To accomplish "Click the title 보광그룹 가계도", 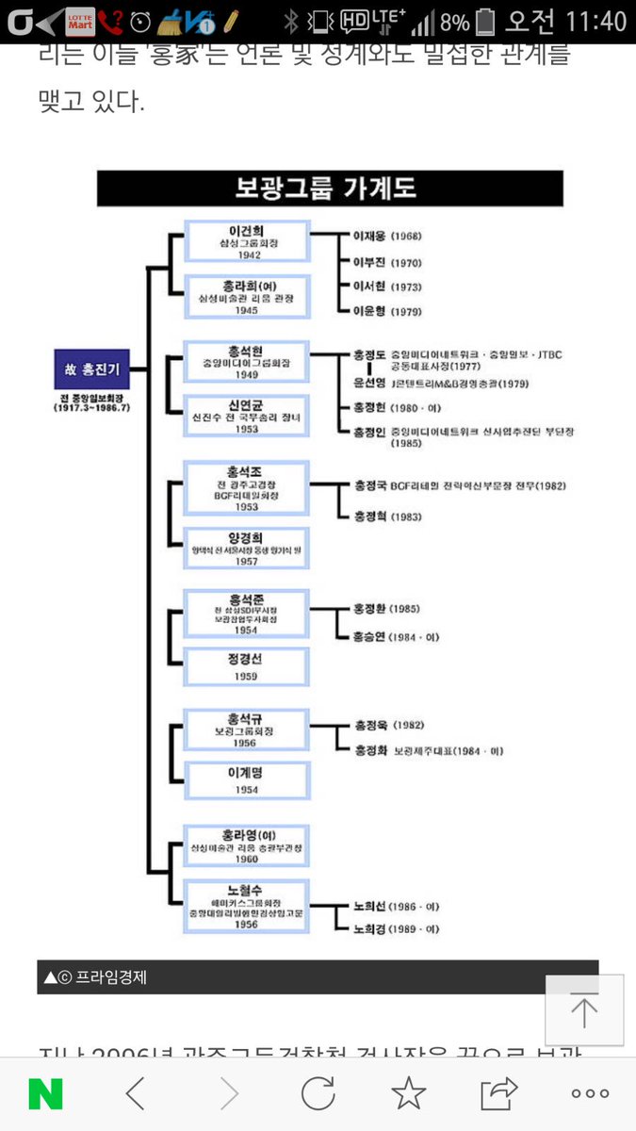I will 325,188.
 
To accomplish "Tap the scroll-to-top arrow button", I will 584,1009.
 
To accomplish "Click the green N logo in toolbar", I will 45,1093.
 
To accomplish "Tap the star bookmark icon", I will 408,1093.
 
